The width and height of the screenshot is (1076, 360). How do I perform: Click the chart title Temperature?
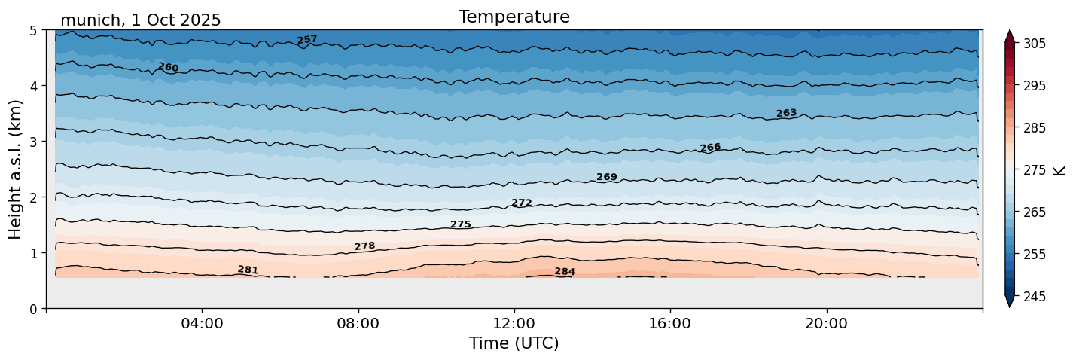coord(514,17)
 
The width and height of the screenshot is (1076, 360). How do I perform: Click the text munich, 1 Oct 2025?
coord(140,20)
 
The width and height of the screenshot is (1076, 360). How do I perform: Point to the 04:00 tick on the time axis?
coord(202,324)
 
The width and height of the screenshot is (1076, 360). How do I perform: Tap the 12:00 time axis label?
coord(514,324)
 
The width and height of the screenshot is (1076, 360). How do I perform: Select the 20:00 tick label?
coord(827,324)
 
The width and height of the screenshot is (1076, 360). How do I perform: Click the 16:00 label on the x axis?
coord(670,324)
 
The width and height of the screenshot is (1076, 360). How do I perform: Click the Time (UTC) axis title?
coord(514,344)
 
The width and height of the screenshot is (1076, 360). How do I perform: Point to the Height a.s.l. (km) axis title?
coord(16,169)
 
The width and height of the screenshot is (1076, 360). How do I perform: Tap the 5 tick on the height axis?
coord(33,31)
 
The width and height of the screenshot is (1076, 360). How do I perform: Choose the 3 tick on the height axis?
coord(33,142)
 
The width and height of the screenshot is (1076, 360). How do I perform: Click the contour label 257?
coord(307,40)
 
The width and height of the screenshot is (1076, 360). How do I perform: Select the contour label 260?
coord(168,68)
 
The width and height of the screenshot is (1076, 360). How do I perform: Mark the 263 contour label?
coord(786,114)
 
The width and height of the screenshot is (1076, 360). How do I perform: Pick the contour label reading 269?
coord(607,178)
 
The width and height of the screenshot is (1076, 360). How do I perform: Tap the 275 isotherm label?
coord(461,224)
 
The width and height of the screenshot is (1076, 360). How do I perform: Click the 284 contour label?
coord(565,272)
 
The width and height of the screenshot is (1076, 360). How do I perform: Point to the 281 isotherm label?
coord(248,270)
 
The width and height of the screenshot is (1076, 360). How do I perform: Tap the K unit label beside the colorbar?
coord(1059,170)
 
